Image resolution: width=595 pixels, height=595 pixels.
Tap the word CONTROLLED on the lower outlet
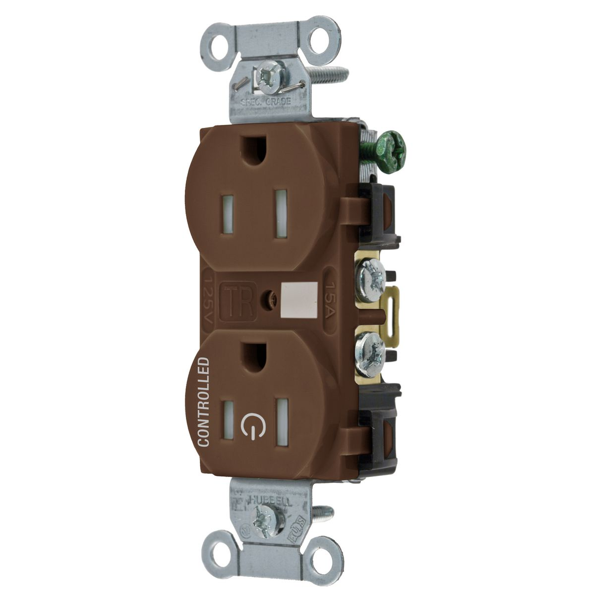pos(204,401)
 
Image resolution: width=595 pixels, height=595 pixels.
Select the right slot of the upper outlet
pos(281,207)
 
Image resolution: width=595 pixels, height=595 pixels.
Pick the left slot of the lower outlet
pos(229,418)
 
